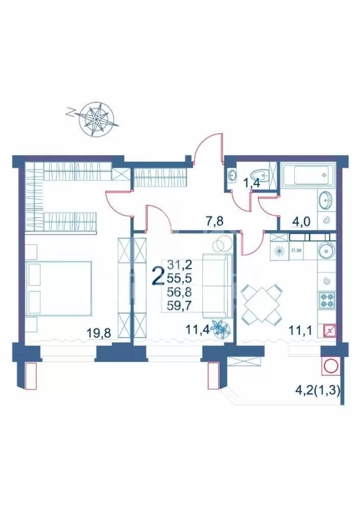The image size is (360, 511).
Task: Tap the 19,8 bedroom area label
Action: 99,333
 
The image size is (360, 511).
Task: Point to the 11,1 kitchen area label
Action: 301,331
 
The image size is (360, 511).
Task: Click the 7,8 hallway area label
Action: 214,222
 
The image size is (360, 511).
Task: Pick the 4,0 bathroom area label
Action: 301,222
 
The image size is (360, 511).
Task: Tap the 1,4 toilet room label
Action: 252,183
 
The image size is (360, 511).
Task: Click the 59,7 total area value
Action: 179,306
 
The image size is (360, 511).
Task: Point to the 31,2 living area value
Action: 179,265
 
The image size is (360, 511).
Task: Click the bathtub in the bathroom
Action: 308,176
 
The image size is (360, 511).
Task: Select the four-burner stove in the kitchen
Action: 326,300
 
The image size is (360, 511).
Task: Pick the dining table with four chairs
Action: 261,304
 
